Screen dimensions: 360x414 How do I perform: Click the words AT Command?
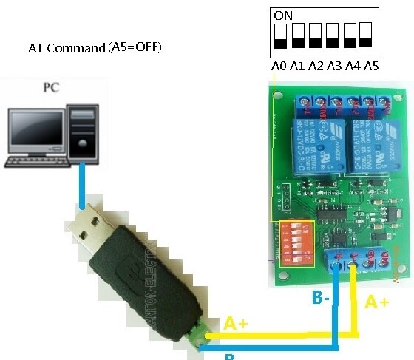tap(67, 48)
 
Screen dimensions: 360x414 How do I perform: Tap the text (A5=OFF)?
tap(135, 47)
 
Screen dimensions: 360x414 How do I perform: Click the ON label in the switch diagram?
tap(283, 14)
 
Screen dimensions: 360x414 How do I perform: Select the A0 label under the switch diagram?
tap(279, 66)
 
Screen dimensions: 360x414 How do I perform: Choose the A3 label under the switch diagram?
tap(334, 66)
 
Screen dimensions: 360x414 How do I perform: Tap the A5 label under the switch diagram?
tap(371, 66)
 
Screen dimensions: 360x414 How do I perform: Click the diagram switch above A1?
tap(298, 35)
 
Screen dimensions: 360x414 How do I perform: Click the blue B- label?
tap(321, 299)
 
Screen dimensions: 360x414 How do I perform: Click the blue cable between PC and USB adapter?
tap(83, 185)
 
